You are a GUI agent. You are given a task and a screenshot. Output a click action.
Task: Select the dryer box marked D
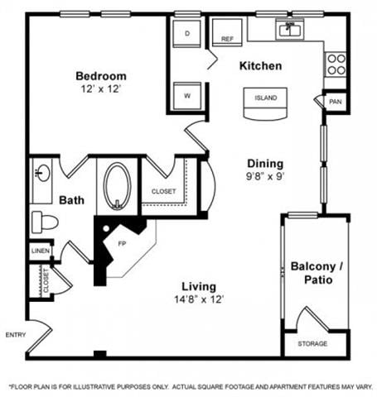188,33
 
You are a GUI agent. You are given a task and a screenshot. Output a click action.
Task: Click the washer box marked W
187,95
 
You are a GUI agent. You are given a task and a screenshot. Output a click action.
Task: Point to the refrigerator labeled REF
227,33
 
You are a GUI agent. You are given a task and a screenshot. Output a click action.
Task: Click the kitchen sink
290,31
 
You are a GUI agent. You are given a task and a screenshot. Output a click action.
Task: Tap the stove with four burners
336,64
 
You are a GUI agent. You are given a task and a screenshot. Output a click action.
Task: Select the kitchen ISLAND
265,98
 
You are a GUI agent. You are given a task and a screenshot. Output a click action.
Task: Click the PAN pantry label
335,102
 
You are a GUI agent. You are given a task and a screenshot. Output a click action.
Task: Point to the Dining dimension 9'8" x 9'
264,177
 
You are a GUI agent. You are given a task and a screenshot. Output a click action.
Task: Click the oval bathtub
117,187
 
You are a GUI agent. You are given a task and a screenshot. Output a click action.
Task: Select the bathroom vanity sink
42,175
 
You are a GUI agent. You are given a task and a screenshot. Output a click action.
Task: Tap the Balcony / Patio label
315,274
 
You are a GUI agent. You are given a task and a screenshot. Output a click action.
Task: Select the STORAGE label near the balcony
313,343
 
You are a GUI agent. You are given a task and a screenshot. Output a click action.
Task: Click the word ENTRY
15,334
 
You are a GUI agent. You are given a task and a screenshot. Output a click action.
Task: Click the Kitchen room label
261,65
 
